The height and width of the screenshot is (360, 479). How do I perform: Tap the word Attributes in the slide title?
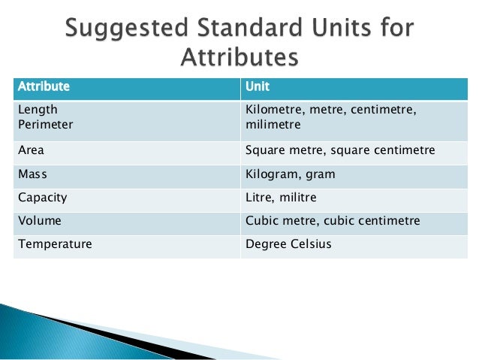coord(239,58)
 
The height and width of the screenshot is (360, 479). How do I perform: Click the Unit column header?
coord(258,85)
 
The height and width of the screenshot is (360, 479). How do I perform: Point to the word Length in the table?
coord(37,110)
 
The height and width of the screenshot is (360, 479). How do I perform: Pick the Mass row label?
coord(32,174)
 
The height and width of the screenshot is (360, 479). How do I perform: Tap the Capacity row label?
coord(42,198)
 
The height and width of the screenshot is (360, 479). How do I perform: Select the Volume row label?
coord(39,222)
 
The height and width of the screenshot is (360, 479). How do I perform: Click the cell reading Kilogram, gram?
coord(290,174)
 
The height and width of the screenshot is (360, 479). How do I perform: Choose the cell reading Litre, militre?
coord(282,198)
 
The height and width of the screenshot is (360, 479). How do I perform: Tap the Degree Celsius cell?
coord(288,245)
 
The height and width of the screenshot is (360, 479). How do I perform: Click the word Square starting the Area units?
coord(265,150)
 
